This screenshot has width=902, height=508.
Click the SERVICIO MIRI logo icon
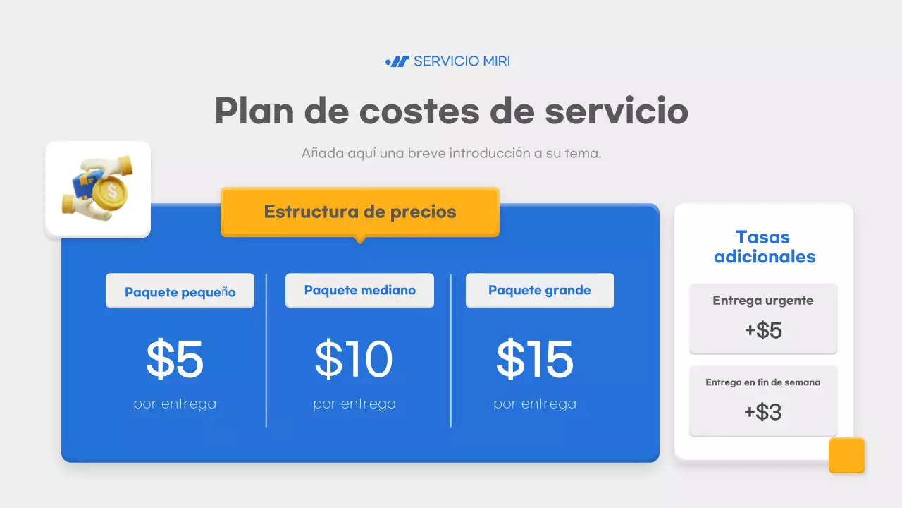[397, 61]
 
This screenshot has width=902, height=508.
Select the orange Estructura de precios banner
[359, 212]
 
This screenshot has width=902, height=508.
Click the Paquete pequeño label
[180, 291]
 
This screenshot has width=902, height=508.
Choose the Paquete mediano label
[359, 290]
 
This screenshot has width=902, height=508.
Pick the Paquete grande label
[540, 290]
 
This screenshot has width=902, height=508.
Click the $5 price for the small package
[175, 359]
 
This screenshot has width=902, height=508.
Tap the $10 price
[354, 359]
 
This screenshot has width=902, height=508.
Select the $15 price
[535, 359]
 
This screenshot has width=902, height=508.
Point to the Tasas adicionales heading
[764, 247]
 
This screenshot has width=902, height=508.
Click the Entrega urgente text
[762, 301]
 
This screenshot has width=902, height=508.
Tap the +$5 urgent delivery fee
[763, 330]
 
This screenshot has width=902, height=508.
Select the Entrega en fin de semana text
[762, 382]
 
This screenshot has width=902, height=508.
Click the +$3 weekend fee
[763, 412]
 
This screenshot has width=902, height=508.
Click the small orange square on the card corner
[846, 455]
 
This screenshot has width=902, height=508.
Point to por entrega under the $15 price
[535, 404]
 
